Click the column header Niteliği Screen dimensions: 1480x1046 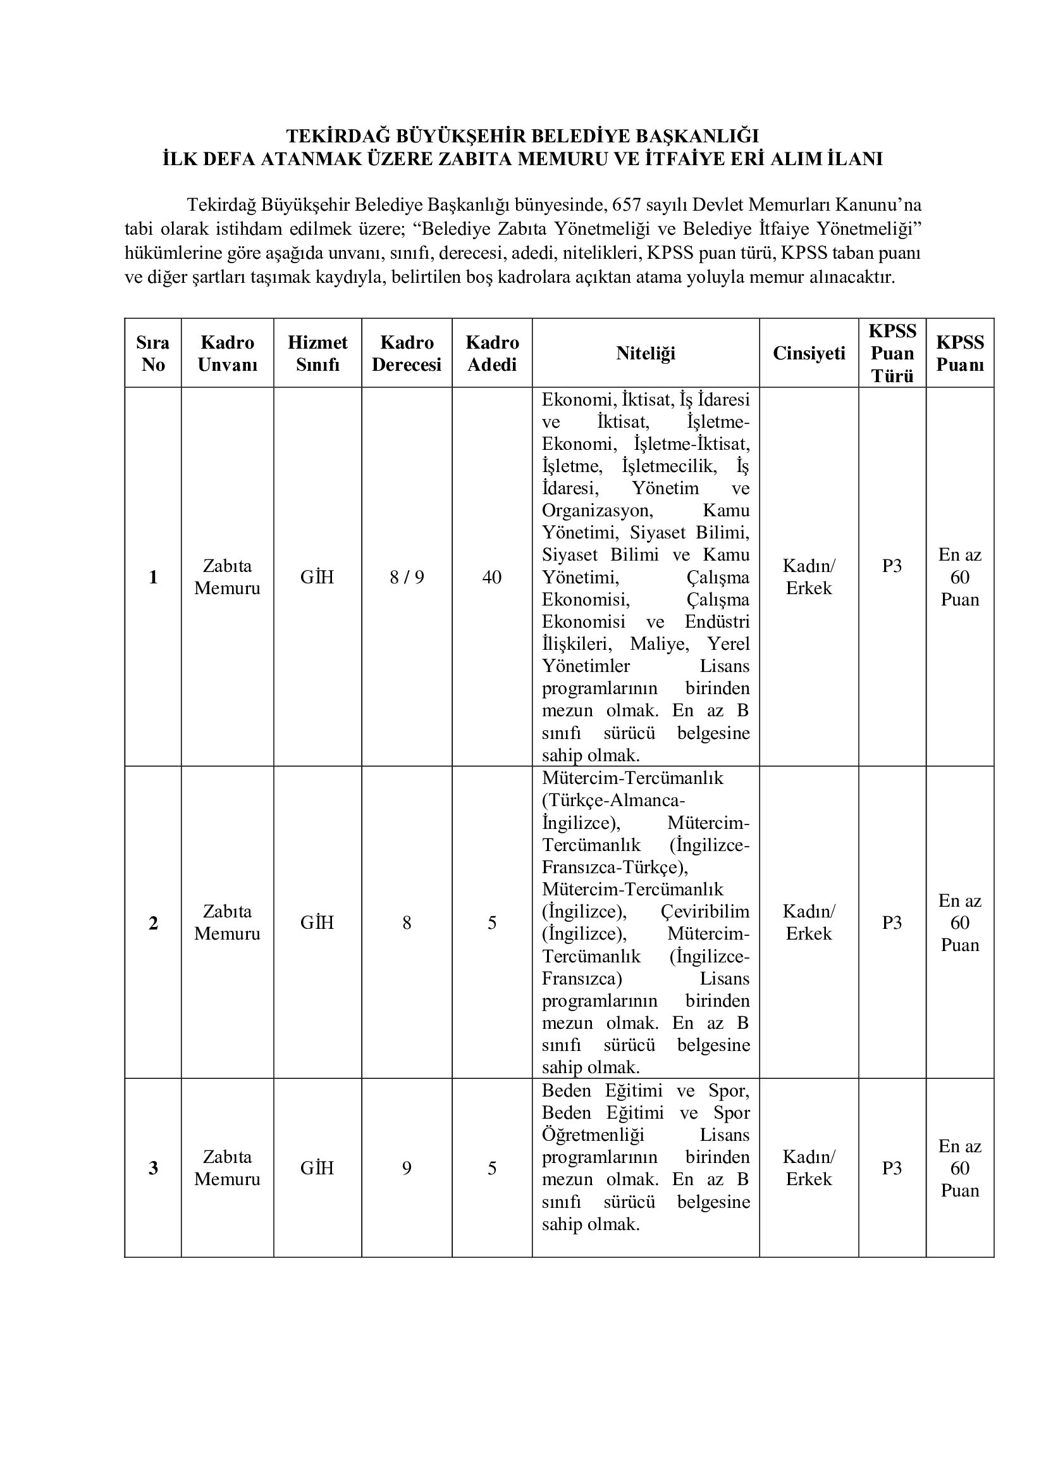pyautogui.click(x=646, y=353)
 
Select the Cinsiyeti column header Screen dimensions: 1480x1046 pyautogui.click(x=809, y=353)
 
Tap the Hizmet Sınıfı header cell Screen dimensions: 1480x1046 pyautogui.click(x=317, y=353)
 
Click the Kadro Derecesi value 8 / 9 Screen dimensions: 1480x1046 pyautogui.click(x=407, y=577)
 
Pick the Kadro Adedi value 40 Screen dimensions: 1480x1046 pyautogui.click(x=492, y=577)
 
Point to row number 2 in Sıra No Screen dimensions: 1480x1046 pyautogui.click(x=153, y=923)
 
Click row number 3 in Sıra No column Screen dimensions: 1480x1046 pyautogui.click(x=153, y=1168)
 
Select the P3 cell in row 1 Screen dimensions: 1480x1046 pyautogui.click(x=892, y=566)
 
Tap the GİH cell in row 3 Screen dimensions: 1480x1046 pyautogui.click(x=317, y=1168)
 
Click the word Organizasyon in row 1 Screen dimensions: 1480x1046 pyautogui.click(x=598, y=511)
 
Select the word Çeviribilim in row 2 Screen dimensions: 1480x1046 pyautogui.click(x=705, y=911)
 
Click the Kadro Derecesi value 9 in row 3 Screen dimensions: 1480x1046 pyautogui.click(x=407, y=1168)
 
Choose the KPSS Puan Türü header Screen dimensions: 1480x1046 pyautogui.click(x=892, y=353)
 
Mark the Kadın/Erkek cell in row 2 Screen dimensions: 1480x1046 pyautogui.click(x=809, y=923)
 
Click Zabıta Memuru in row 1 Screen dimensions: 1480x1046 pyautogui.click(x=228, y=577)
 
